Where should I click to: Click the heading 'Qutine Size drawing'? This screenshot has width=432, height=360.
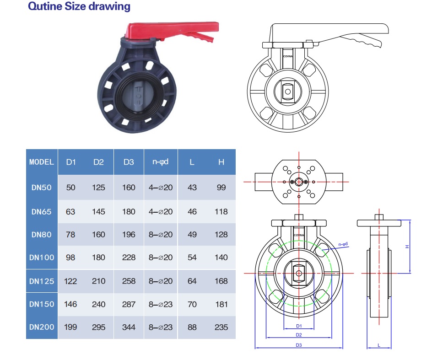pyautogui.click(x=79, y=6)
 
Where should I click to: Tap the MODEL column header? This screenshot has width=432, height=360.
pyautogui.click(x=42, y=162)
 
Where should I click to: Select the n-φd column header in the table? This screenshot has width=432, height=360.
pyautogui.click(x=160, y=162)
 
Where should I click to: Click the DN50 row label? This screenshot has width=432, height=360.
pyautogui.click(x=42, y=188)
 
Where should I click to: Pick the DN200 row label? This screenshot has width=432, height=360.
pyautogui.click(x=42, y=327)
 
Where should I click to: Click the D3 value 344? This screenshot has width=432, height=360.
pyautogui.click(x=129, y=327)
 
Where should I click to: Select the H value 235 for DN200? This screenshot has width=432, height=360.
pyautogui.click(x=221, y=327)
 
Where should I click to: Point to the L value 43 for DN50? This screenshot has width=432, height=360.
pyautogui.click(x=192, y=188)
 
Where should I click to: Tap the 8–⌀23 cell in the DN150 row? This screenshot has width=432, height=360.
pyautogui.click(x=161, y=304)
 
